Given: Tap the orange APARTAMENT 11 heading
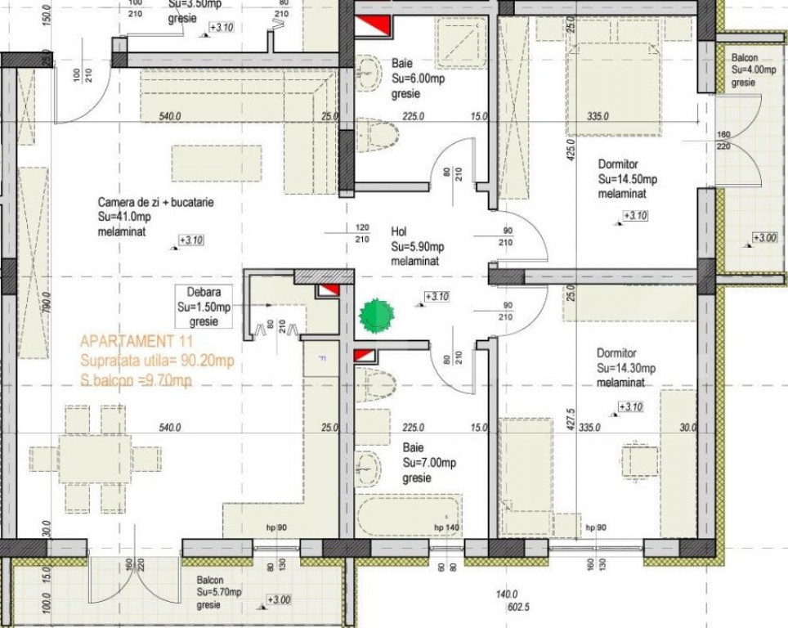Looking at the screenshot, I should coord(125,341).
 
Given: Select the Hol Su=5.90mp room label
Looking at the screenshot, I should coord(418,246).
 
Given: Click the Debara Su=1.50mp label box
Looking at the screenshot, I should coord(204,307).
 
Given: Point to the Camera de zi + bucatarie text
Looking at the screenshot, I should coord(155,202).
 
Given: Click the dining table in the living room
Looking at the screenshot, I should coord(95,458).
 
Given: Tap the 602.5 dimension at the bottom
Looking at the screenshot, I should coord(519,608).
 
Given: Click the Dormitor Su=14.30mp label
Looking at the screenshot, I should coord(626,368).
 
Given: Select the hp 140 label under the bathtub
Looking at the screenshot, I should coord(447,528).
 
